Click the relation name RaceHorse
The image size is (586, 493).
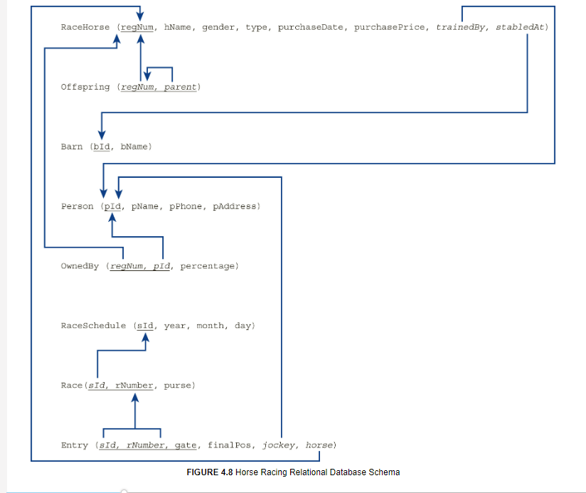tap(85, 27)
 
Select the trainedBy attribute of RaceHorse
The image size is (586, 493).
tap(460, 27)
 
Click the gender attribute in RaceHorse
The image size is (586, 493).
tap(218, 27)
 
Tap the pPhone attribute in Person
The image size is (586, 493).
tap(187, 206)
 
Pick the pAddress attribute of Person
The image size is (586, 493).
tap(235, 206)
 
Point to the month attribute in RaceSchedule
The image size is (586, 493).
tap(211, 326)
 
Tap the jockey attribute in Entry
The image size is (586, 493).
tap(279, 445)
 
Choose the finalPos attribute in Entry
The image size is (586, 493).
tap(230, 445)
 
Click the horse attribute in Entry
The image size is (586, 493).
tap(319, 445)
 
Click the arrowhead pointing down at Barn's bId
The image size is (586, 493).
tap(102, 133)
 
